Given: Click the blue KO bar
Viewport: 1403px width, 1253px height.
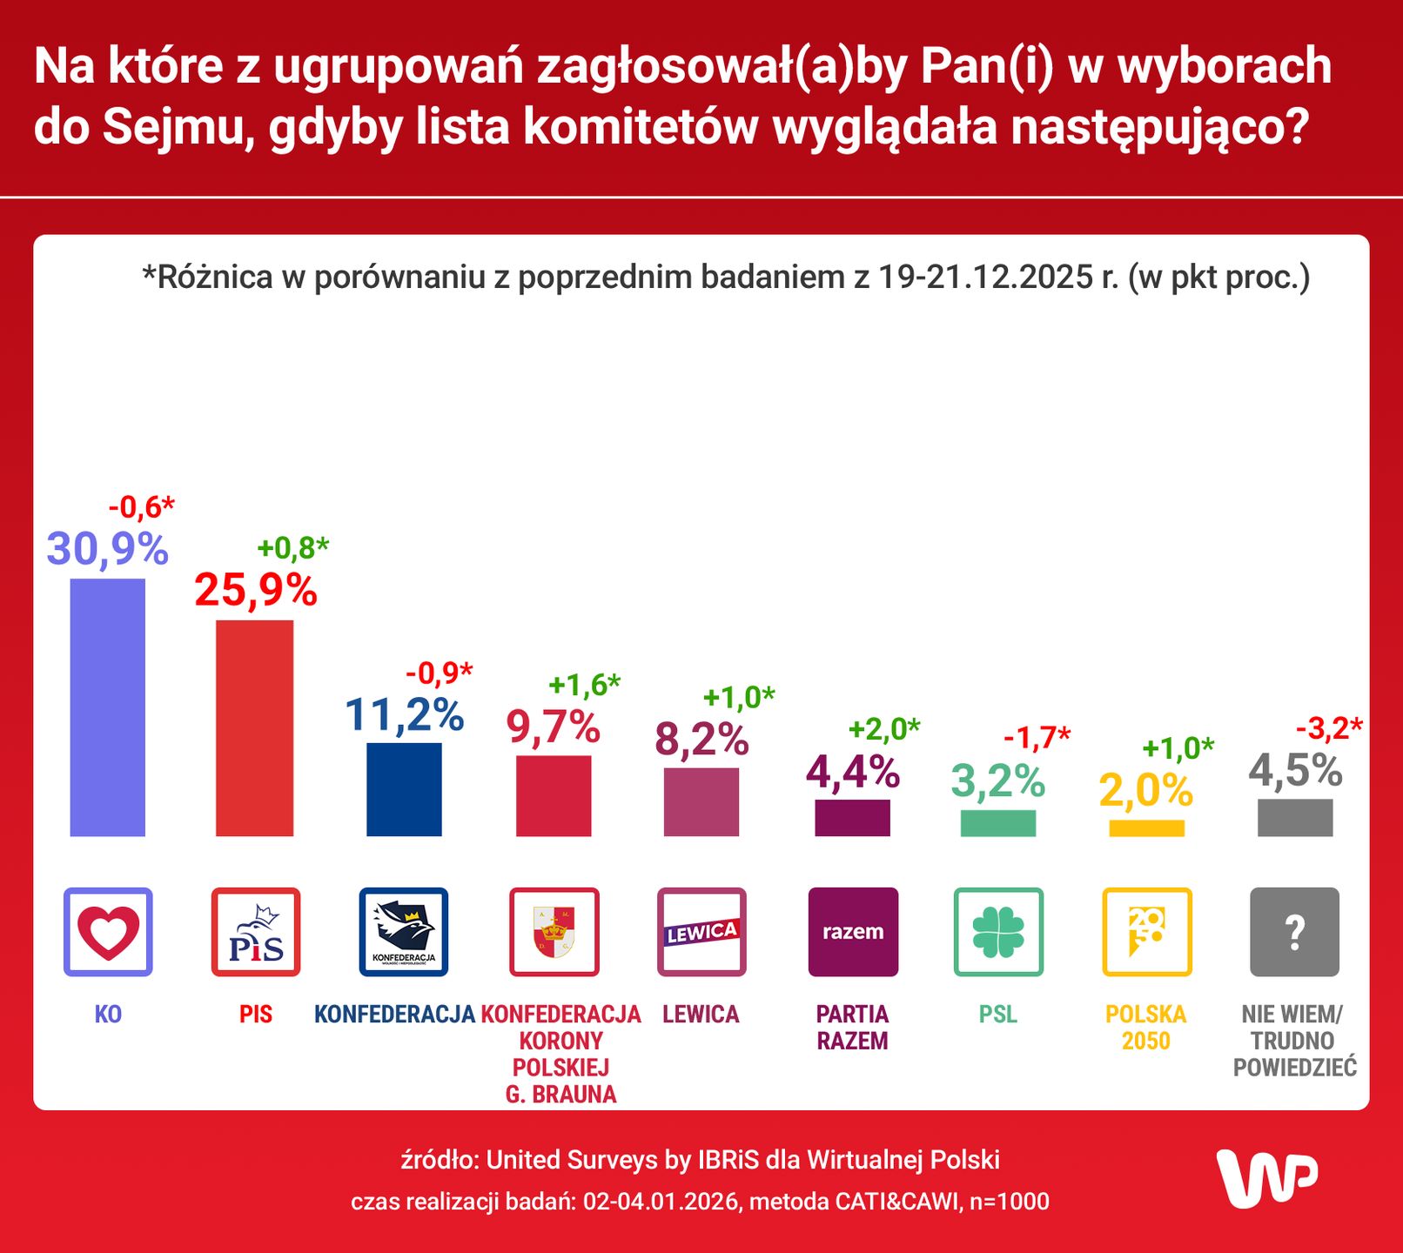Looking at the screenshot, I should coord(107,707).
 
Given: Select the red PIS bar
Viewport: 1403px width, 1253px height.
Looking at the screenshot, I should coord(254,727).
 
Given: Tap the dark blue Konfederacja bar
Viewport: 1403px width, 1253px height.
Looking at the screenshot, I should coord(404,788).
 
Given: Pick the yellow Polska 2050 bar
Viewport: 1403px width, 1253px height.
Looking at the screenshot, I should coord(1146,828).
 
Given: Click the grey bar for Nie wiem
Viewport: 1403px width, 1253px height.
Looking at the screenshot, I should coord(1294,817).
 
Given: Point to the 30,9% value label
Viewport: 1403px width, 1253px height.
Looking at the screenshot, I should coord(107,549).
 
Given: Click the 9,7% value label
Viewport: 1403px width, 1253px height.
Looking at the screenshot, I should coord(554,727).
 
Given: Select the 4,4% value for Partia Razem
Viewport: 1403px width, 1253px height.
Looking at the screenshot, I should coord(853,772).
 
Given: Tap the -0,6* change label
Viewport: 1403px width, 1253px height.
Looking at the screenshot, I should coord(141,506).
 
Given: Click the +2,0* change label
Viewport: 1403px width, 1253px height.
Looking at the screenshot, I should coord(883,729).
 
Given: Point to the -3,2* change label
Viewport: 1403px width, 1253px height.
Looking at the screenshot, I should coord(1329,727).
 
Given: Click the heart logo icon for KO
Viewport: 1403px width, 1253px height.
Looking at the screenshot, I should coord(108,932).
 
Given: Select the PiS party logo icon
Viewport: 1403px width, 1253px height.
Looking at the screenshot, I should coord(256,932).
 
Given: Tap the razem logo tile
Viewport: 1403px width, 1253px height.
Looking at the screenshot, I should coord(853,932).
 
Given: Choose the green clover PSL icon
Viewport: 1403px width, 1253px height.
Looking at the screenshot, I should coord(998,932).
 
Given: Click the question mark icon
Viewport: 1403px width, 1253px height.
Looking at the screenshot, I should coord(1294,932).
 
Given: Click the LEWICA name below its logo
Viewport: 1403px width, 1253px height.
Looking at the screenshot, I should coord(701,1014).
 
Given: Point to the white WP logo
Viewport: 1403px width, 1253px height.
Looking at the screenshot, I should coord(1266,1178).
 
